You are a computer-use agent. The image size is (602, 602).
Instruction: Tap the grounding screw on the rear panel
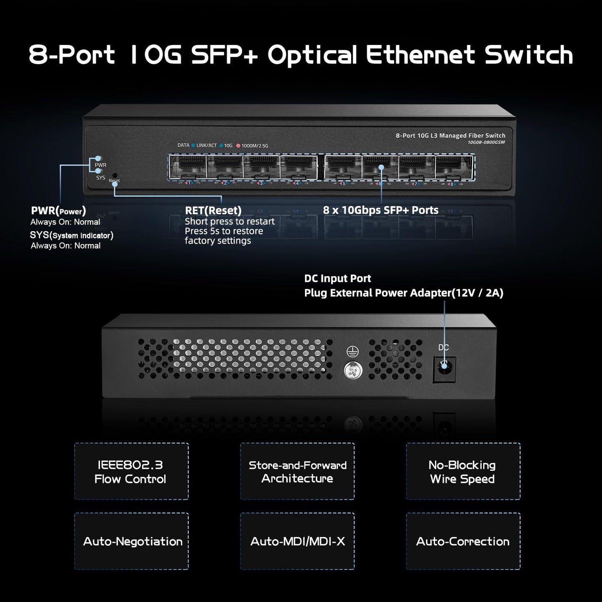[353, 370]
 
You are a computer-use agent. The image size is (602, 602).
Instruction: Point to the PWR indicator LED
[98, 159]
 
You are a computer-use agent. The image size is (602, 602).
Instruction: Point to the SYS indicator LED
[98, 170]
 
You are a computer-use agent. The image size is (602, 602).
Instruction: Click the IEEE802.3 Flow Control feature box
[131, 471]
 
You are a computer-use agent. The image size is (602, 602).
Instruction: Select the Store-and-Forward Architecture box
[297, 471]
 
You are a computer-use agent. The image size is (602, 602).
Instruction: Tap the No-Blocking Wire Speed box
[463, 471]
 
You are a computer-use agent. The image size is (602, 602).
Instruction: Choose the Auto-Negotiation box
[131, 541]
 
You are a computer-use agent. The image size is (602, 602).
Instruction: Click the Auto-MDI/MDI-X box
[297, 541]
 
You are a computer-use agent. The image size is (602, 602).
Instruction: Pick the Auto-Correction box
[463, 541]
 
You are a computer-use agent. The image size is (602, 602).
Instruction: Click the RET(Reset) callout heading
[213, 210]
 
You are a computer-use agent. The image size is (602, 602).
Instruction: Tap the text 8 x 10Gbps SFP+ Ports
[381, 210]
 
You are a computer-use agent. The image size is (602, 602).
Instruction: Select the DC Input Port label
[337, 278]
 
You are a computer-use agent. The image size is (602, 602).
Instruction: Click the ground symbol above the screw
[350, 352]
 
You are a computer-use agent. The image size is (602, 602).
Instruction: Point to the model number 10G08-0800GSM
[486, 142]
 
